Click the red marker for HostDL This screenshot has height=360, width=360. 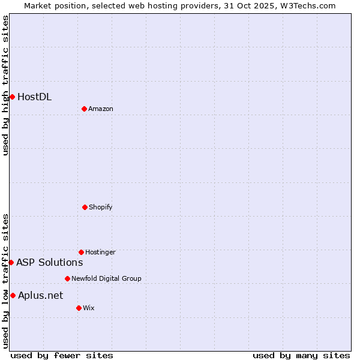12,97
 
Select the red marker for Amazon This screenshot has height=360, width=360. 84,109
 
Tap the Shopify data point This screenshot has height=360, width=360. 85,207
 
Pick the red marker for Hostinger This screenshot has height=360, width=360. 81,252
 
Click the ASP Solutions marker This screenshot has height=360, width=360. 11,262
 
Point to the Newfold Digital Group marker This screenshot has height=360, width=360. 67,278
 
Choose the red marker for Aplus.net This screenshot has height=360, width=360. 13,295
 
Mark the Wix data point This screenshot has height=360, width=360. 79,308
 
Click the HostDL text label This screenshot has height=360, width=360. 34,97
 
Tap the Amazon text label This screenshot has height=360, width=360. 101,109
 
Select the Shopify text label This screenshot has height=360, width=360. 101,207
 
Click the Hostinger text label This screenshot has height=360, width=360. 100,252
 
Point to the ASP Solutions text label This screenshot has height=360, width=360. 49,262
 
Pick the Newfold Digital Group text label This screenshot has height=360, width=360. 106,278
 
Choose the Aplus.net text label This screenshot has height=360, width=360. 40,295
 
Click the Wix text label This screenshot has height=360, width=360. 89,308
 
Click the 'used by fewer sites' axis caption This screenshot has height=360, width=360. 62,355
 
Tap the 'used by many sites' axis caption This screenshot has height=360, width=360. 301,355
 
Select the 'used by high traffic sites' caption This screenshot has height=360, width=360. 5,85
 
